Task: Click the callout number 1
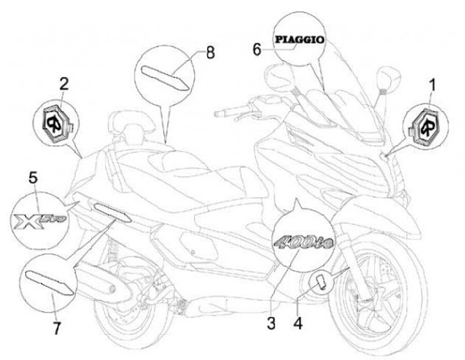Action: (x=433, y=84)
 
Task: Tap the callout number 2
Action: (x=63, y=83)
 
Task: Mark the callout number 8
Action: (x=210, y=53)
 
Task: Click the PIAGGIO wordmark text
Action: (x=300, y=39)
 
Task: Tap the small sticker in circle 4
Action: (x=319, y=280)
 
